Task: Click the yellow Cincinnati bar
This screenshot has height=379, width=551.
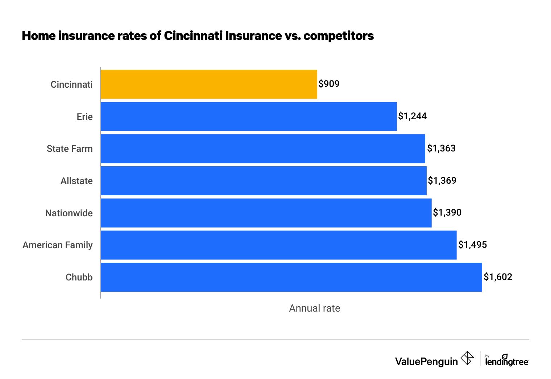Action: coord(209,84)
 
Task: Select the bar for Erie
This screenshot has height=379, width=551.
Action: coord(249,116)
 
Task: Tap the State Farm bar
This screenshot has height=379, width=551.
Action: coord(263,149)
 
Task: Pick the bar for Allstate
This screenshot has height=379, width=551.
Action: coord(264,181)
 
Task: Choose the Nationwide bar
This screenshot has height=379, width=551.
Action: coord(266,213)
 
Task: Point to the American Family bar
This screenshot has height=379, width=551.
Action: coord(278,245)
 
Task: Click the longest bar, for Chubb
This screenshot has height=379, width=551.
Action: coord(291,277)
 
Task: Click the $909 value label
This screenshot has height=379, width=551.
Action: coord(329,84)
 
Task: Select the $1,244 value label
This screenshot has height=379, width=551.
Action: coord(412,116)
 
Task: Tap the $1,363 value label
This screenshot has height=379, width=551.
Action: coord(441,149)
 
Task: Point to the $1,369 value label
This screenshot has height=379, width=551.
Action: coord(442,181)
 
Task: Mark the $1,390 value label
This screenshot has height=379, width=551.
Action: coord(447,213)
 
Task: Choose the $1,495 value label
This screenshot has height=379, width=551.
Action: coord(472,245)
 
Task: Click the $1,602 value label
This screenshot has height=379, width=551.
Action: coord(498,277)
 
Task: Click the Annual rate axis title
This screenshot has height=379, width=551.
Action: coord(314,308)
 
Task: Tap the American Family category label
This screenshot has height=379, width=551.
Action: coord(58,245)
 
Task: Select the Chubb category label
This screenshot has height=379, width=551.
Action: coord(79,278)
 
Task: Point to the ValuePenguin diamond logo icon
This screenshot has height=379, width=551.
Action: coord(467,358)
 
